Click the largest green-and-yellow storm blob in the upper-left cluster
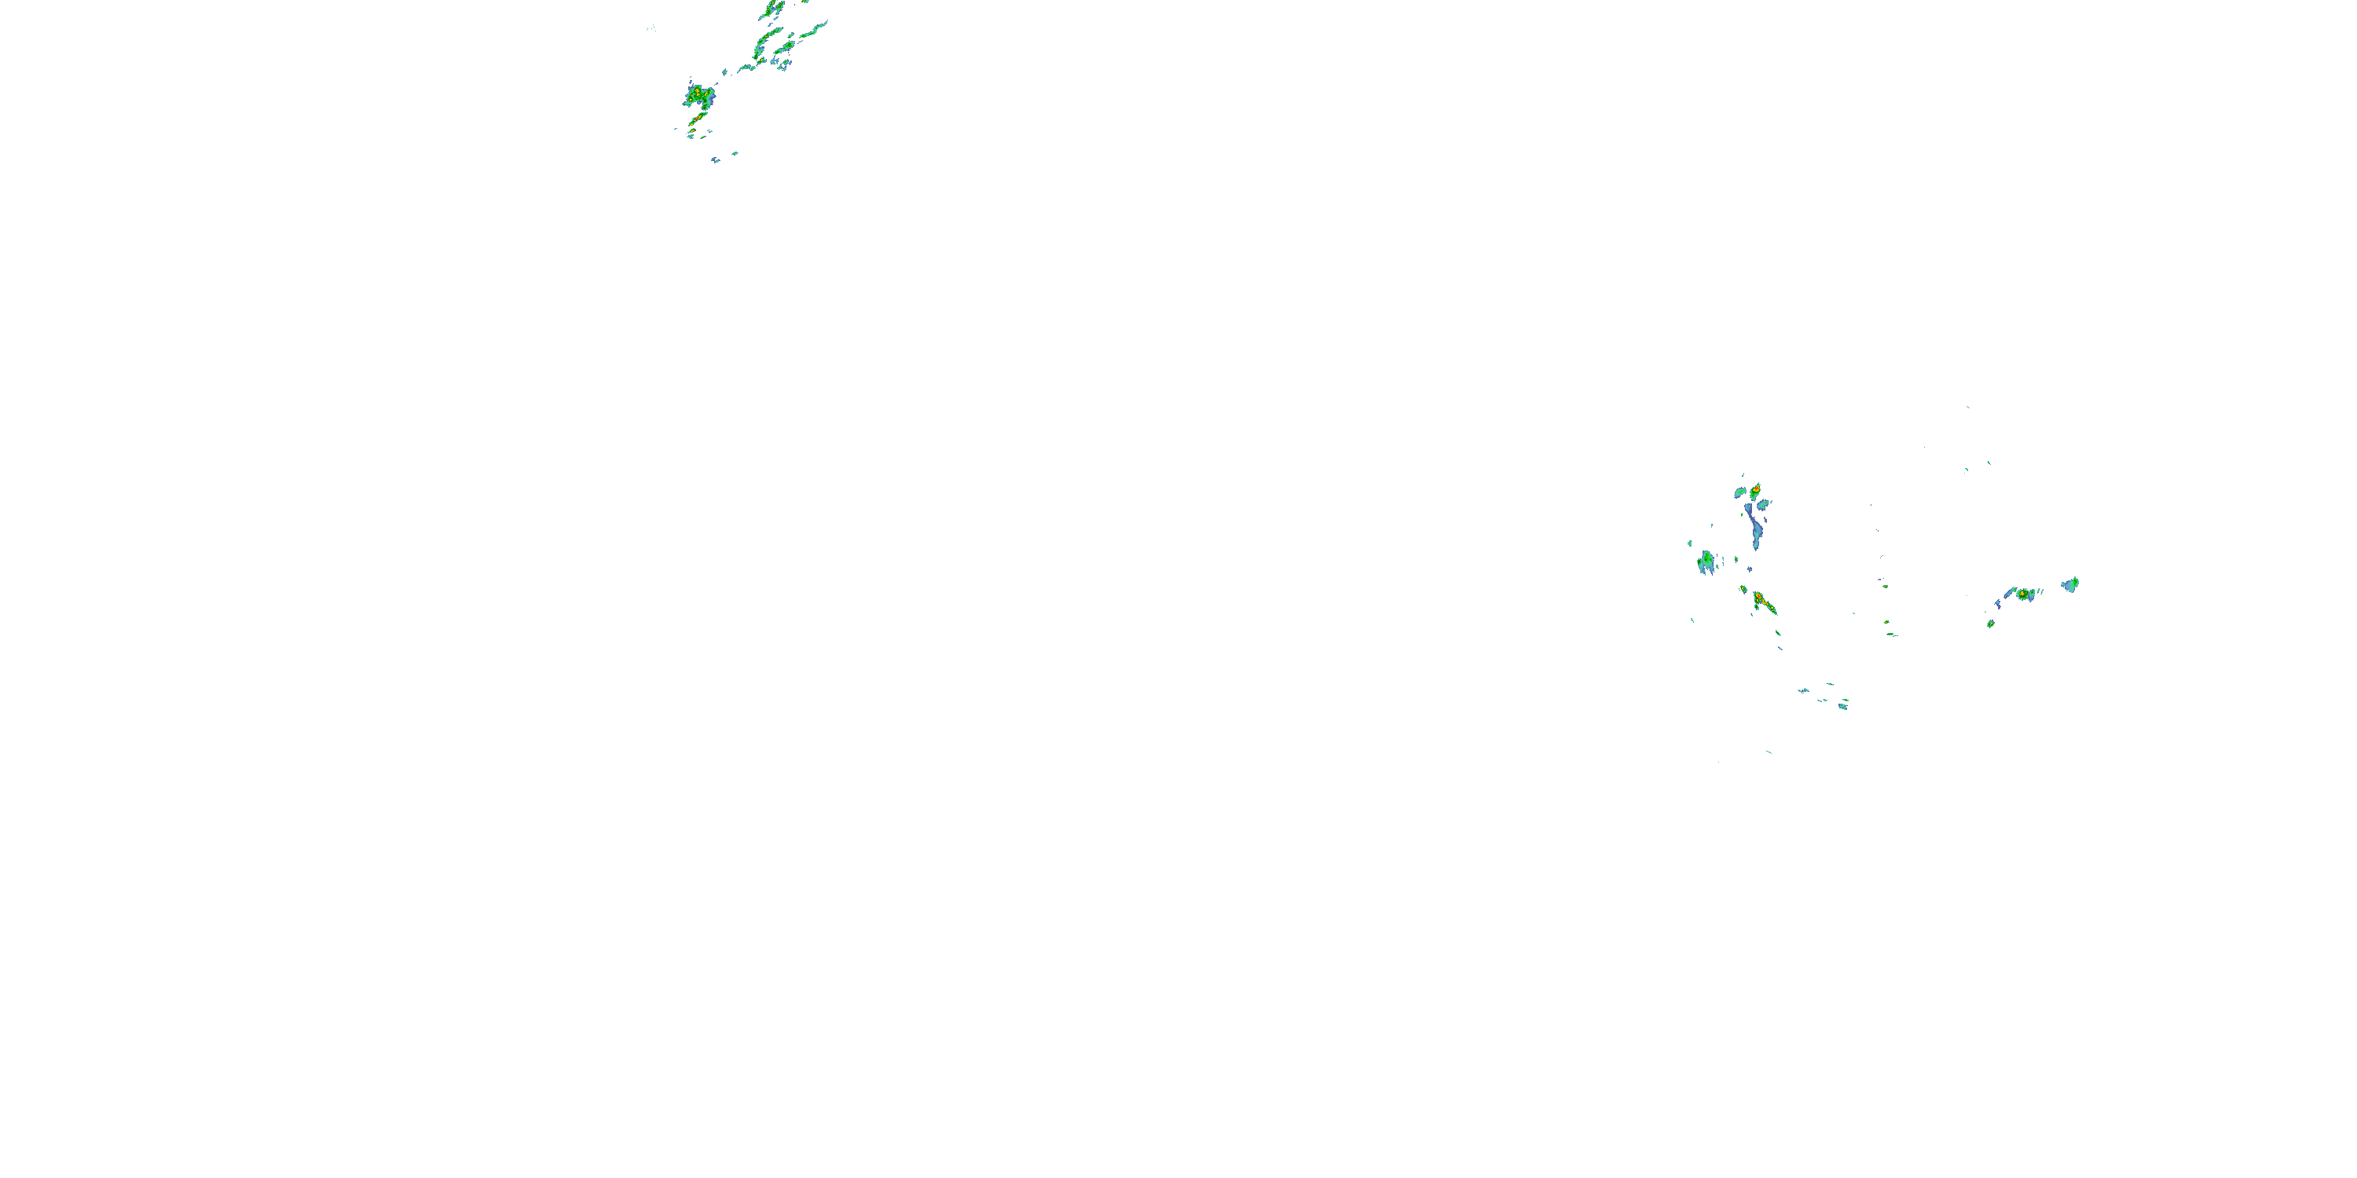tap(699, 94)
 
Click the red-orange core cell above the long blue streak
tap(1755, 491)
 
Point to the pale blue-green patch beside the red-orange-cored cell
tap(1740, 493)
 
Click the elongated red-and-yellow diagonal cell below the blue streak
tap(1762, 602)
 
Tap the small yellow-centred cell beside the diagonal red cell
tap(1744, 589)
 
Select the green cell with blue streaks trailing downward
tap(1706, 560)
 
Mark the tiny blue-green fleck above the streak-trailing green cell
tap(1690, 543)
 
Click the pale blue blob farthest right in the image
tap(2070, 584)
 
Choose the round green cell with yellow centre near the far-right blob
tap(2024, 594)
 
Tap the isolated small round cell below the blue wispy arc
tap(1990, 624)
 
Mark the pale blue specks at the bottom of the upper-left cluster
tap(717, 160)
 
